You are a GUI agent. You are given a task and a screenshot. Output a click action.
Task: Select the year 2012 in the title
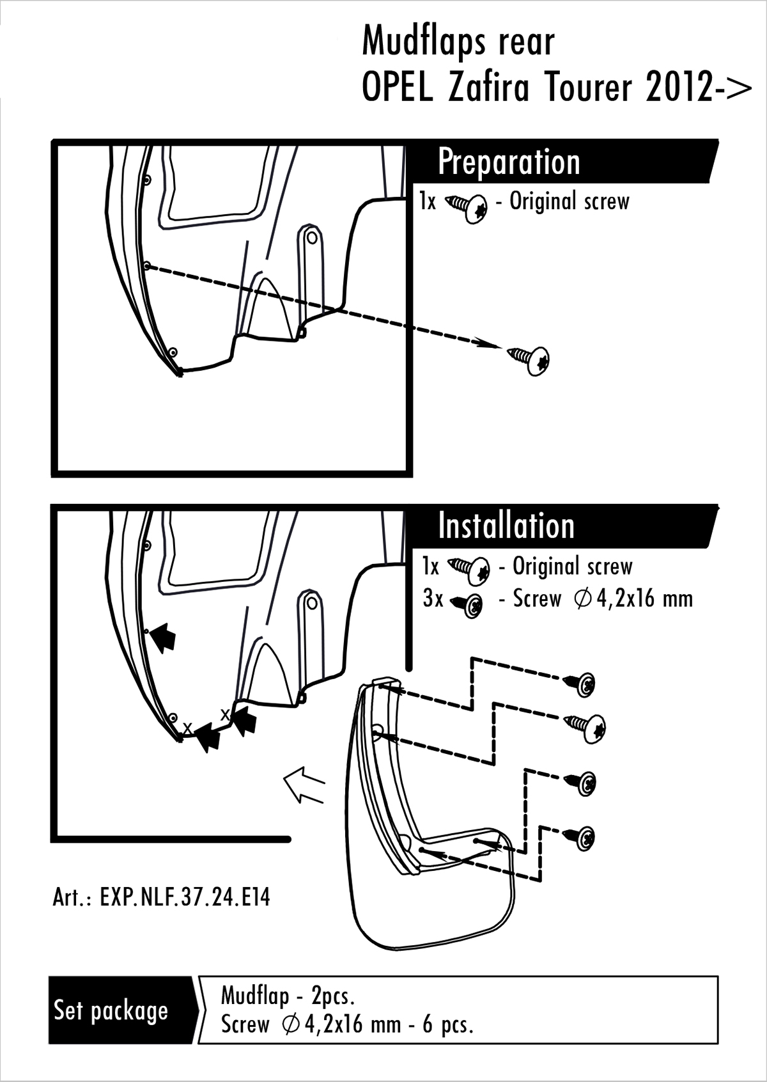tap(679, 88)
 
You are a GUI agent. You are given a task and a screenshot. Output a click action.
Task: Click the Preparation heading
tap(509, 162)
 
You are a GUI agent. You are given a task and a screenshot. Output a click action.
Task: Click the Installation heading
tap(506, 526)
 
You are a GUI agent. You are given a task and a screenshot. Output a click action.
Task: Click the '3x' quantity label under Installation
tap(433, 599)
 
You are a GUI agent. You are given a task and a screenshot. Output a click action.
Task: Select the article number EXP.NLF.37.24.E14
tap(162, 897)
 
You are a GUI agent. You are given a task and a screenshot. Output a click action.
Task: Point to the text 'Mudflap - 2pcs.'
tap(288, 995)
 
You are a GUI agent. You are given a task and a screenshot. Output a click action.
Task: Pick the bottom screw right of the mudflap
tap(581, 836)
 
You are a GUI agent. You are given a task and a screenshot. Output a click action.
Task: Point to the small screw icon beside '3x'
tap(469, 604)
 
